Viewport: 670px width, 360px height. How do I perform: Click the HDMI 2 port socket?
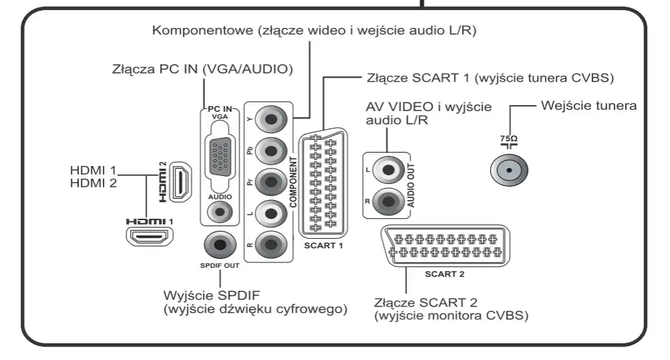point(179,182)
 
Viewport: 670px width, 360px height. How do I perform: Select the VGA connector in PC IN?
point(219,156)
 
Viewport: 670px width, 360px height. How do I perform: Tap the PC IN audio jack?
point(219,213)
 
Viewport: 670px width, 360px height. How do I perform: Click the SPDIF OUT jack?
point(219,245)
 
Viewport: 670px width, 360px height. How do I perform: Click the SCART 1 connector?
point(323,182)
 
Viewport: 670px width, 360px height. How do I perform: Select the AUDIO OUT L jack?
point(386,170)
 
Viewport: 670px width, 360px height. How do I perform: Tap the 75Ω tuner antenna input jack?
point(510,170)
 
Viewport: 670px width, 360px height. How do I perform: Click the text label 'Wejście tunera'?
point(588,105)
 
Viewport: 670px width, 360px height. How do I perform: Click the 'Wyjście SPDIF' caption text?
point(213,295)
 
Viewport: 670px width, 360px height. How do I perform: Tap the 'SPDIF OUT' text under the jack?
point(219,266)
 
